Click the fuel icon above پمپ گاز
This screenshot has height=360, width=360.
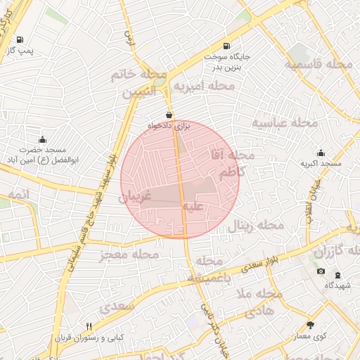[19, 39]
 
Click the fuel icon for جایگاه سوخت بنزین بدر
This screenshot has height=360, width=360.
[225, 44]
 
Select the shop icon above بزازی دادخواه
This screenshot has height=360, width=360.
[169, 115]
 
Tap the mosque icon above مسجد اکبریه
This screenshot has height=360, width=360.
[321, 153]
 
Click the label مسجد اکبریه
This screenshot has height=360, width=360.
[321, 164]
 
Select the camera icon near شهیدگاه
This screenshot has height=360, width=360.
[321, 271]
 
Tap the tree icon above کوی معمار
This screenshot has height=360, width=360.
[311, 324]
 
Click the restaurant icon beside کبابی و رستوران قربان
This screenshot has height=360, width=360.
[89, 327]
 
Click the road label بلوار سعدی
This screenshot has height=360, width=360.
[266, 264]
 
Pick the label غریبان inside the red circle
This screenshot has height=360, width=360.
[136, 198]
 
